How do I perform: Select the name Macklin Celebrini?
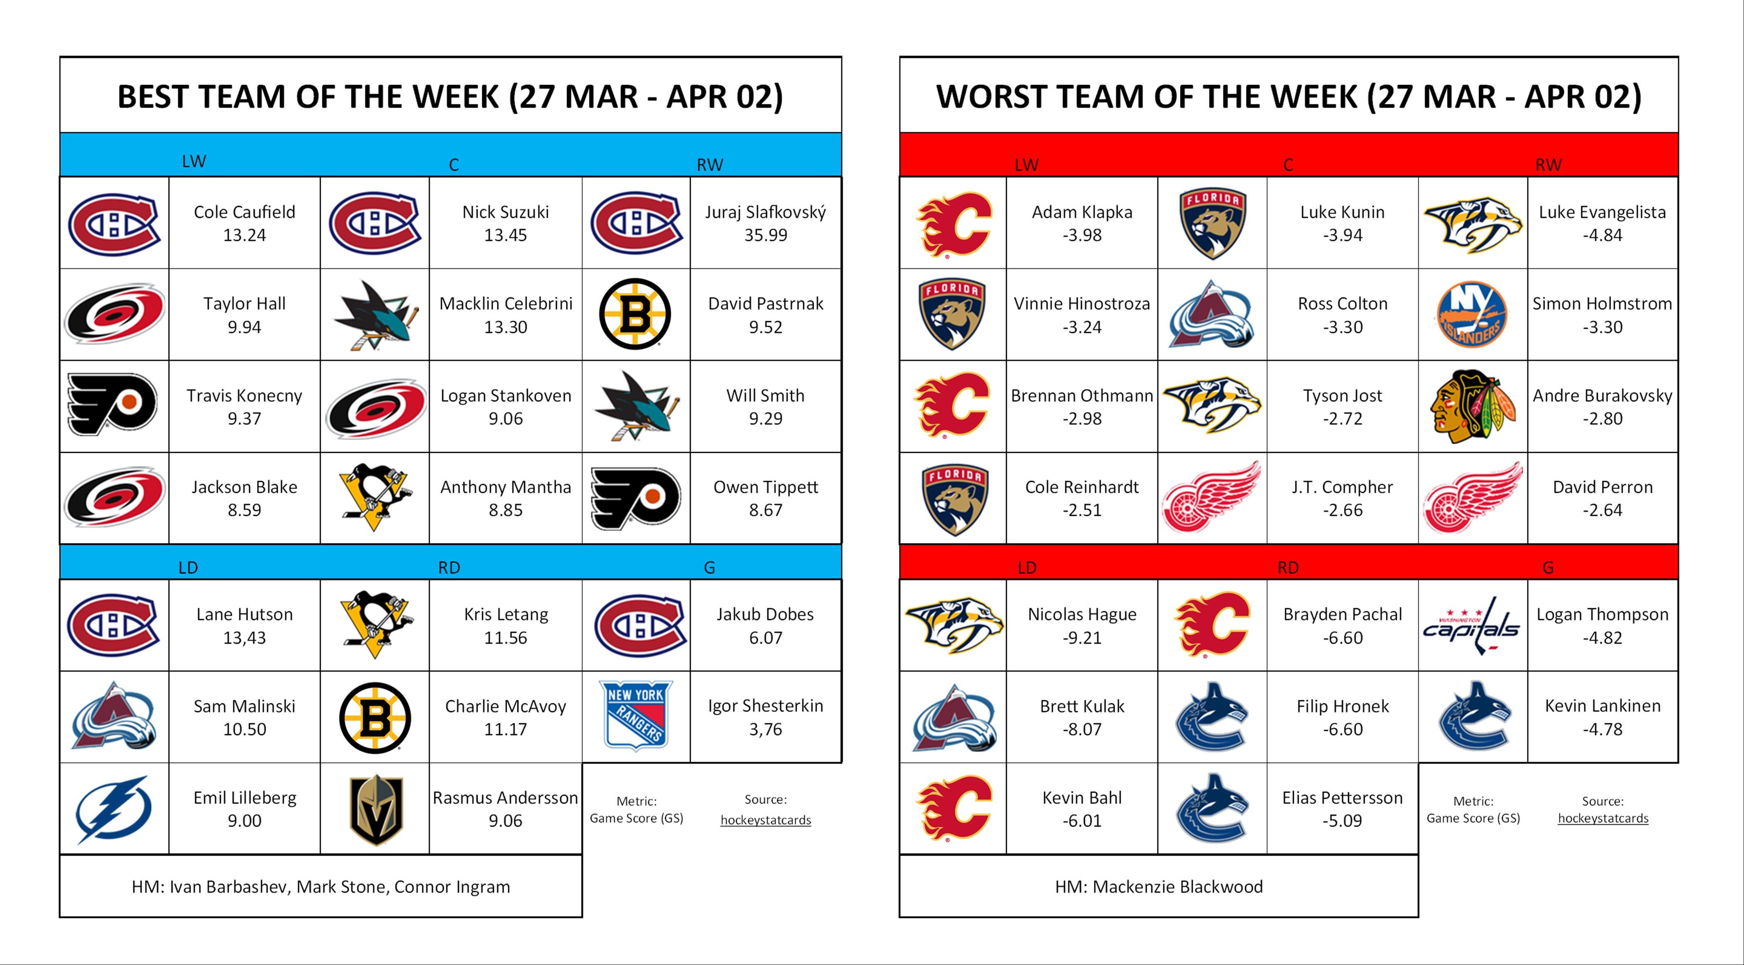506,303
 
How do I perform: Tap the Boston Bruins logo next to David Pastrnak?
635,314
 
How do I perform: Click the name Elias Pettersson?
1342,798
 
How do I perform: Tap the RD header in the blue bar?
449,567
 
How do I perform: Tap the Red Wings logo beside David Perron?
1472,498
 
